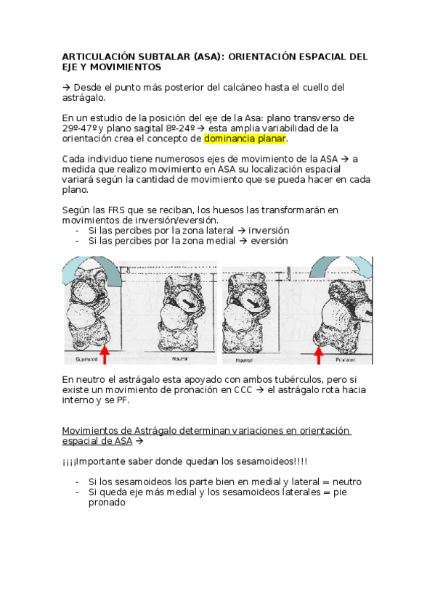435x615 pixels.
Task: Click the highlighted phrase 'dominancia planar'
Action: [245, 139]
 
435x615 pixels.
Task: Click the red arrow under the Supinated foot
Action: [105, 354]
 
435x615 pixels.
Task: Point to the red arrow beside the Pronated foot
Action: [318, 354]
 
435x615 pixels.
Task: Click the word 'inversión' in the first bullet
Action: [269, 231]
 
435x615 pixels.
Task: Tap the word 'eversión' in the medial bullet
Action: [271, 241]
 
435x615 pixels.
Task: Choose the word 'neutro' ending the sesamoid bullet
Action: [344, 482]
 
